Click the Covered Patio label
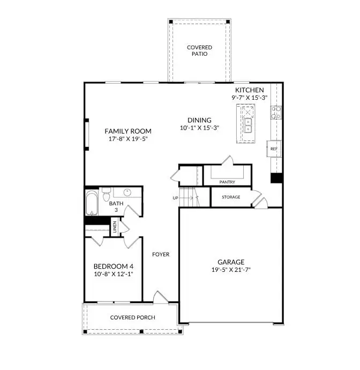[199, 51]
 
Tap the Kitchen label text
[249, 90]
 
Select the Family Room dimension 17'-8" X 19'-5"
[127, 139]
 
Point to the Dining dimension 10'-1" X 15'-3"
[199, 128]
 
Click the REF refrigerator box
[274, 149]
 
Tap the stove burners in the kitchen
[276, 112]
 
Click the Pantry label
[228, 182]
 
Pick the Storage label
[231, 197]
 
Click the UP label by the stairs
[175, 198]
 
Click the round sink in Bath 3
[128, 192]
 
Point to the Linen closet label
[114, 226]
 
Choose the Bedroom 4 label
[113, 267]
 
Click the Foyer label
[161, 254]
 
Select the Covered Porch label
[133, 317]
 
